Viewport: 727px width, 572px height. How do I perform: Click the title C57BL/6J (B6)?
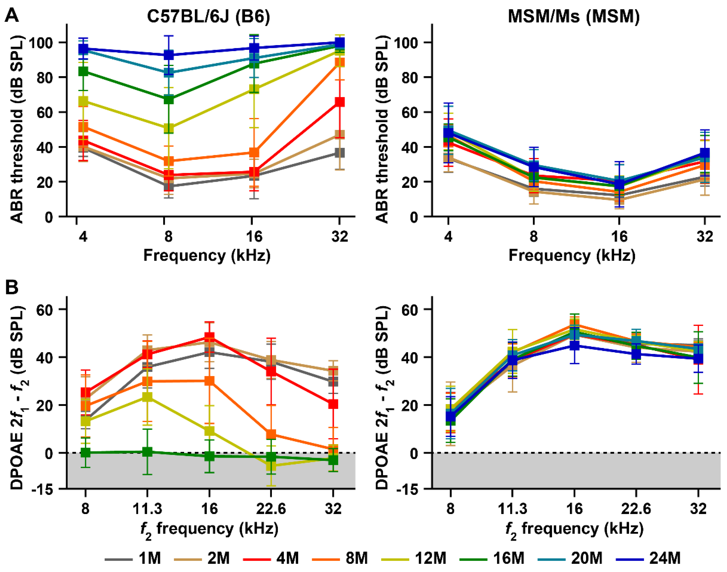point(208,16)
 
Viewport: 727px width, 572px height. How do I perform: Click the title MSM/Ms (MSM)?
point(573,16)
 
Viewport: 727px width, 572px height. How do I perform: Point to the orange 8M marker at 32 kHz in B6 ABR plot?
point(340,63)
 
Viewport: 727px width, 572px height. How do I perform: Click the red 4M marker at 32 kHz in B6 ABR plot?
point(340,102)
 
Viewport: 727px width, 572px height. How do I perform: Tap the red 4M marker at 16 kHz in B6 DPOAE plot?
point(209,337)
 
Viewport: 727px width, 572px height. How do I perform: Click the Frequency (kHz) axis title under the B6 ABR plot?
point(207,256)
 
